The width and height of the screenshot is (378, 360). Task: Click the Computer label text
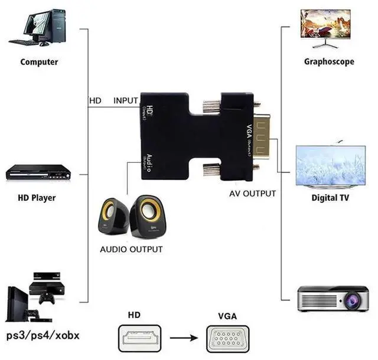(39, 61)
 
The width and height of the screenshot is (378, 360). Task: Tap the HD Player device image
(38, 172)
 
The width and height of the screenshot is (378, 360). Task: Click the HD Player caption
(36, 198)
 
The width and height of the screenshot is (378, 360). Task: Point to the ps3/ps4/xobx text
(43, 336)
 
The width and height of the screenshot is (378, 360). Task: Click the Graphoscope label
(329, 61)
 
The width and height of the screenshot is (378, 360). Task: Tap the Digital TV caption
(330, 198)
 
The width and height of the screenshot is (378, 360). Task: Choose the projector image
(332, 298)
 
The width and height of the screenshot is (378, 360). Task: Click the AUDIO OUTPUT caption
(131, 249)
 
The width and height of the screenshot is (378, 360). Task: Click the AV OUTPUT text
(253, 193)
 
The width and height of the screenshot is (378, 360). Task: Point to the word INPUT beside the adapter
(126, 101)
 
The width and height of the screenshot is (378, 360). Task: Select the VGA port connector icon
(231, 339)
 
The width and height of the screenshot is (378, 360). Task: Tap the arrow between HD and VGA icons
(184, 339)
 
